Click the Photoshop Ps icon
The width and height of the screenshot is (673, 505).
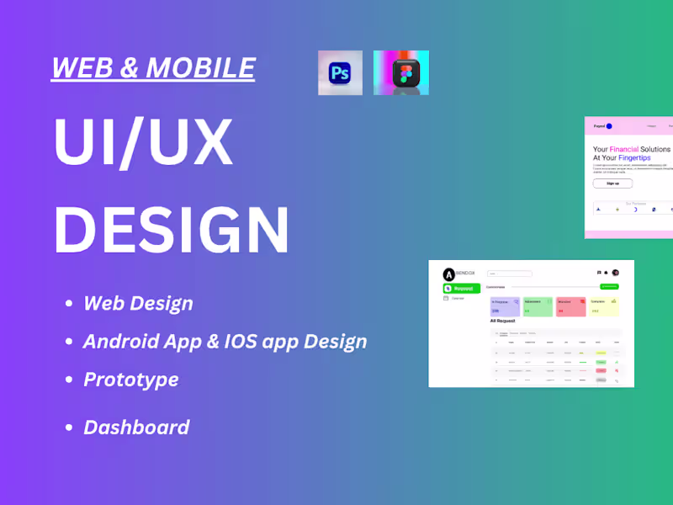point(340,73)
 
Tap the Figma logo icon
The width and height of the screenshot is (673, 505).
point(401,73)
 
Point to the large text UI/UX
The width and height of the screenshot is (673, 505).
point(143,141)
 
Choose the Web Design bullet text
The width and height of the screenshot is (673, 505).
point(138,303)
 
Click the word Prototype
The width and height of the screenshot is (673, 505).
point(131,379)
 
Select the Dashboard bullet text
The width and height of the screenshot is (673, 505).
point(136,427)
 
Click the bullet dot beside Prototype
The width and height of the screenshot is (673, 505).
point(68,380)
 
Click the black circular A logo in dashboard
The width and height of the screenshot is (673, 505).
point(448,274)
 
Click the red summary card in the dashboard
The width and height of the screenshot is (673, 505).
point(570,306)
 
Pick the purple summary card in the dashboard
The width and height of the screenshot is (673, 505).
point(505,306)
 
